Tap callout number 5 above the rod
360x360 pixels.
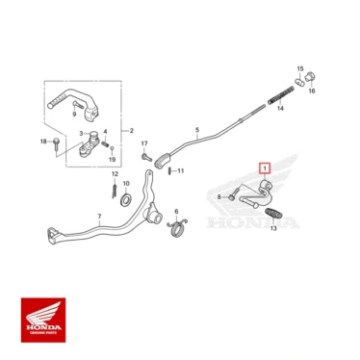pyautogui.click(x=195, y=128)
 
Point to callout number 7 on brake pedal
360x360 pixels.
pyautogui.click(x=99, y=217)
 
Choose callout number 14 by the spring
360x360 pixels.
pyautogui.click(x=281, y=108)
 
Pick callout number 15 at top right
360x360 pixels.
pyautogui.click(x=299, y=70)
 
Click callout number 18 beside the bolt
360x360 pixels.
pyautogui.click(x=43, y=141)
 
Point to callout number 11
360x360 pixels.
pyautogui.click(x=180, y=170)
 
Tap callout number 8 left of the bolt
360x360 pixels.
pyautogui.click(x=219, y=196)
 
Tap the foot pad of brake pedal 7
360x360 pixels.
pyautogui.click(x=47, y=232)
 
